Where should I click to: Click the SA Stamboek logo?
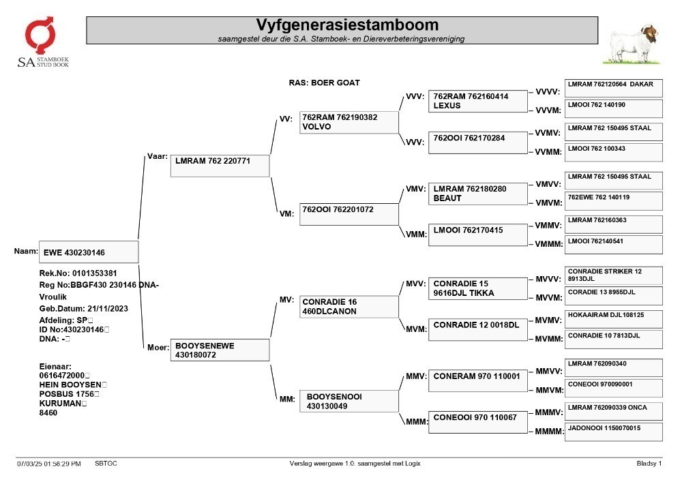click(x=43, y=42)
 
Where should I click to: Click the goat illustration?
click(x=632, y=45)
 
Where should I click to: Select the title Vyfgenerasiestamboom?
click(x=347, y=25)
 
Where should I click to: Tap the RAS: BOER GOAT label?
click(x=324, y=82)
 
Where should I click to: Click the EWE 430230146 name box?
click(x=89, y=252)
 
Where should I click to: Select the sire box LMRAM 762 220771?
click(x=220, y=166)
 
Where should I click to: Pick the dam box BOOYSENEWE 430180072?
click(x=220, y=350)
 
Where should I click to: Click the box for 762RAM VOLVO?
click(x=349, y=123)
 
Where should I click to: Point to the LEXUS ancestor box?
click(x=477, y=102)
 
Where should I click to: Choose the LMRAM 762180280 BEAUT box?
click(x=477, y=194)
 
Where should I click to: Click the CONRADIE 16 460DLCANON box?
click(x=349, y=307)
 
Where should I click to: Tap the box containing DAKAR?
click(x=614, y=88)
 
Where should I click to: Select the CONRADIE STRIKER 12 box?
click(x=614, y=275)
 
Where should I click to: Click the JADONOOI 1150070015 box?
click(x=614, y=432)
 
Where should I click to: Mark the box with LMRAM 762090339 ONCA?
click(x=614, y=411)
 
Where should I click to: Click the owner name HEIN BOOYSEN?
click(x=70, y=385)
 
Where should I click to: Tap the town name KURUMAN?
click(x=60, y=404)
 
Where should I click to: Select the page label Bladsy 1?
click(x=649, y=464)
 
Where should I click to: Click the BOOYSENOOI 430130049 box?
click(x=349, y=401)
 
